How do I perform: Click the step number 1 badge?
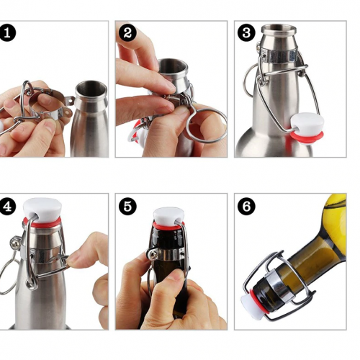click(7, 33)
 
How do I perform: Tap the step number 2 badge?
click(127, 33)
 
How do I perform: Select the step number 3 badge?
click(246, 33)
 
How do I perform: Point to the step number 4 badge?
click(7, 206)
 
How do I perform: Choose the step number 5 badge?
click(127, 206)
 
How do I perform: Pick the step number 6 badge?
click(246, 206)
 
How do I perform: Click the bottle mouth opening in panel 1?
click(91, 89)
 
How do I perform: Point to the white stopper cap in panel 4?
click(42, 207)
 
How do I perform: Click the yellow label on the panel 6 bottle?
click(335, 225)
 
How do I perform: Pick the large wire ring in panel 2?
click(206, 125)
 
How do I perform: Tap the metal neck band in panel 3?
click(280, 56)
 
